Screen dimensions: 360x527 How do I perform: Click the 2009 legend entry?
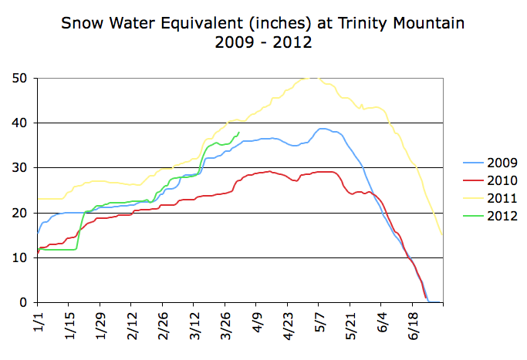click(490, 163)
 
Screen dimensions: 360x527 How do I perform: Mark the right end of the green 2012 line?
click(239, 132)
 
